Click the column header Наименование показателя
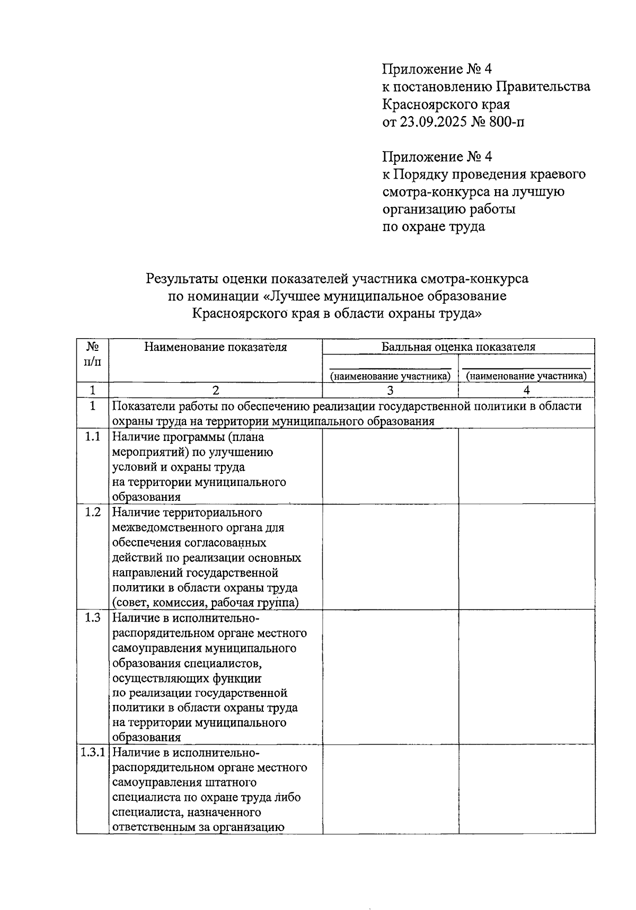[215, 347]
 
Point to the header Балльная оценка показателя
[458, 347]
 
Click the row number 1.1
[92, 437]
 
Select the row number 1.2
[92, 513]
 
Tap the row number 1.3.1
[92, 753]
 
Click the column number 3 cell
[390, 391]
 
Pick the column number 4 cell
[526, 391]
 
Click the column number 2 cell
[215, 391]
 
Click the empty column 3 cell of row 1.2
[390, 556]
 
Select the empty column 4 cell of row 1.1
[526, 466]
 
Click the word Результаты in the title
[182, 278]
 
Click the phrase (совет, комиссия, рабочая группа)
[205, 603]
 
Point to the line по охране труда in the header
[434, 227]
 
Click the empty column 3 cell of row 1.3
[390, 677]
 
